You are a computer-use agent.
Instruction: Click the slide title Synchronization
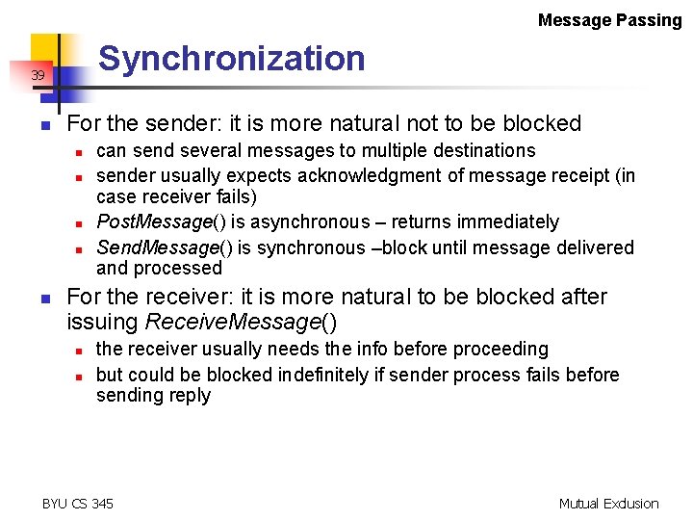click(x=232, y=59)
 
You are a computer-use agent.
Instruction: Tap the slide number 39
click(x=38, y=75)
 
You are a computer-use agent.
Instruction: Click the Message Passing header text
click(x=609, y=20)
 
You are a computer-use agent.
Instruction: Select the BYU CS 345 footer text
click(x=78, y=503)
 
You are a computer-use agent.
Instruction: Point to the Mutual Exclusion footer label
click(x=608, y=503)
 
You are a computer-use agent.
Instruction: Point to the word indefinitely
click(x=340, y=374)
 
